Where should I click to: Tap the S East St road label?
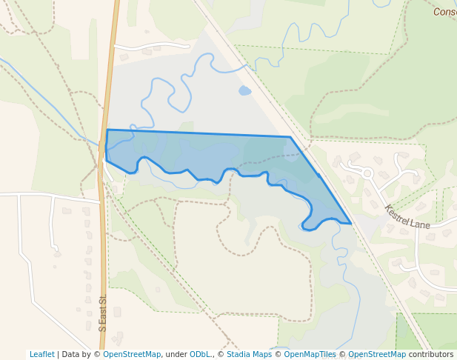click(103, 313)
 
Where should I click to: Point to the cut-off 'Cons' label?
click(444, 11)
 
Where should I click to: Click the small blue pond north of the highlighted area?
click(244, 91)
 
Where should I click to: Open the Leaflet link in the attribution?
click(41, 354)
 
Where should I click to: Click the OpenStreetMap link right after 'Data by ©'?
click(132, 354)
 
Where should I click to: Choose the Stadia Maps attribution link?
click(249, 354)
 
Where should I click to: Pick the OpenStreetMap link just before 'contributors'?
click(377, 354)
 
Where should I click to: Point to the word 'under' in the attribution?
click(176, 354)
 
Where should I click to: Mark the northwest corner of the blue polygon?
click(107, 130)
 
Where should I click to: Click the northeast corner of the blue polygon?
click(290, 137)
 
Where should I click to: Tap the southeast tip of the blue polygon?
click(350, 223)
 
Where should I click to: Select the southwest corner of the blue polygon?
click(107, 160)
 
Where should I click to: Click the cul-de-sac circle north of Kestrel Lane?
click(367, 173)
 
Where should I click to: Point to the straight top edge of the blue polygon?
click(200, 133)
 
